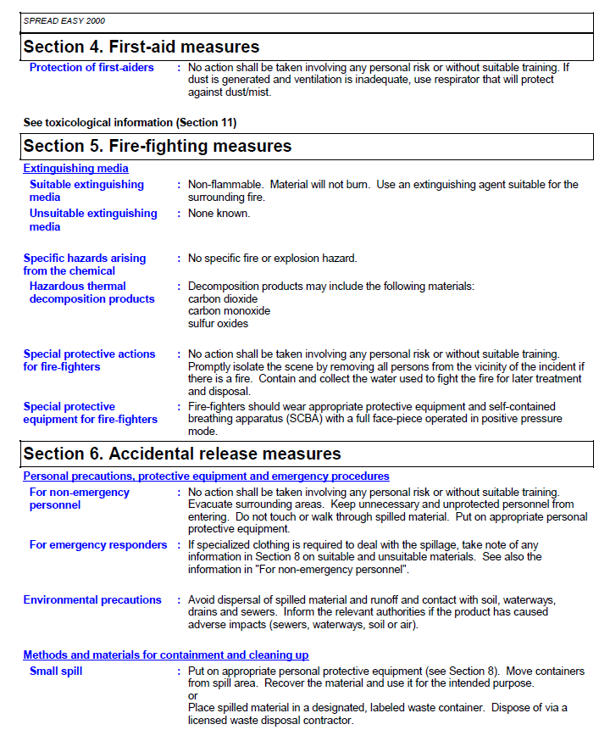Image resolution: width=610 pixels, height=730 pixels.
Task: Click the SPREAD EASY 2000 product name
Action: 64,20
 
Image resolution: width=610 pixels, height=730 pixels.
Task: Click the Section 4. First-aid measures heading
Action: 141,47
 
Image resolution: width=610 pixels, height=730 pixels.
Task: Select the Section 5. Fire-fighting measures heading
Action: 157,147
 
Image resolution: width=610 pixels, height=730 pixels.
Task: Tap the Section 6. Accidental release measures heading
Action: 181,454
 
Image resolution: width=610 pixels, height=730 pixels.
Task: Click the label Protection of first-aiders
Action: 91,68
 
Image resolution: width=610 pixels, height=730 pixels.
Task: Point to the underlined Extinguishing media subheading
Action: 75,169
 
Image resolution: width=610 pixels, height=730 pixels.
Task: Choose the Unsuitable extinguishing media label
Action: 93,220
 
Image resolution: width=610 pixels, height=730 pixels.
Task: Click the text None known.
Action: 219,214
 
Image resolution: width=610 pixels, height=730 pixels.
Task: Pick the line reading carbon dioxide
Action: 222,299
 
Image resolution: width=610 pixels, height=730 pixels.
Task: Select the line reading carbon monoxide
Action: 229,311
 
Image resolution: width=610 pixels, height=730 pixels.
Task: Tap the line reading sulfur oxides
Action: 218,323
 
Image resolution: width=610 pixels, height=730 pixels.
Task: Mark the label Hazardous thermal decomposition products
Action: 91,293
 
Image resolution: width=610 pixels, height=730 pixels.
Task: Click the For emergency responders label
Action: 98,545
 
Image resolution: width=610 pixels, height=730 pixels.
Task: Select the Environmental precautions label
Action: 92,600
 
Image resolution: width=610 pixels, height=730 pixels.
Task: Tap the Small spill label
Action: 56,671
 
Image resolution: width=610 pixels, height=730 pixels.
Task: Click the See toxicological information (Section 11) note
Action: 130,123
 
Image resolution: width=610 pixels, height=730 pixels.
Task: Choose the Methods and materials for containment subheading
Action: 165,655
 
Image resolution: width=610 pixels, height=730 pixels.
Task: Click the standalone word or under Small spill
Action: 192,696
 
